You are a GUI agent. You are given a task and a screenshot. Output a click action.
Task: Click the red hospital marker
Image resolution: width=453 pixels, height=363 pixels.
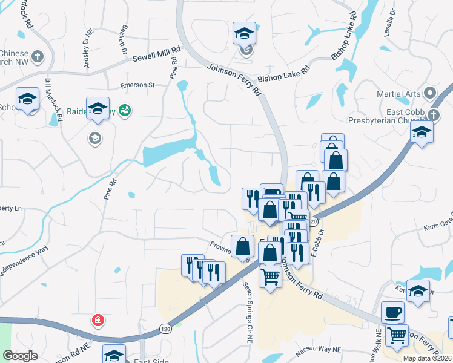coord(97,320)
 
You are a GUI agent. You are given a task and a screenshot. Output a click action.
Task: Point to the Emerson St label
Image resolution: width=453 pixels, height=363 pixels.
coord(137,85)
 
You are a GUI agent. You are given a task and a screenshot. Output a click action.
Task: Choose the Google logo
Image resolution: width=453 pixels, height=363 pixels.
coord(20,356)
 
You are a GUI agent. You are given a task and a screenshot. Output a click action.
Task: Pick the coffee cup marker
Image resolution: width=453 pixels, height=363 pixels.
coord(392,312)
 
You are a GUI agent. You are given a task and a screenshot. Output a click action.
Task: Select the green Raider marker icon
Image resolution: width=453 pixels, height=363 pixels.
coord(126,110)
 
